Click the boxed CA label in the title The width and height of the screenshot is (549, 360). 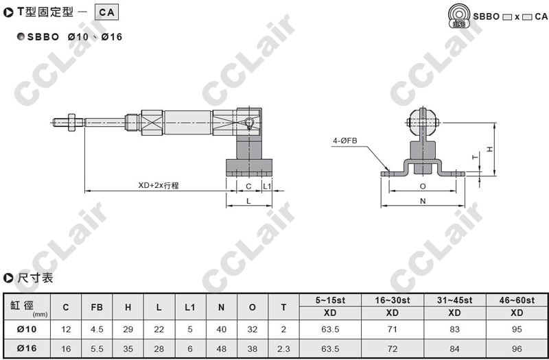coord(107,12)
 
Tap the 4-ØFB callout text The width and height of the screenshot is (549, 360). coord(345,141)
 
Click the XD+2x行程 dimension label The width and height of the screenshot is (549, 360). coord(159,185)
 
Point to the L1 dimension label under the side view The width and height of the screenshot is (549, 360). coord(267,186)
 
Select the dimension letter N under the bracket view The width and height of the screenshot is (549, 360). coord(423,201)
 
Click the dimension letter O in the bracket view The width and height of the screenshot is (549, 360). coord(423,187)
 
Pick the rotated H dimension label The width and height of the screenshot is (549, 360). coord(490,149)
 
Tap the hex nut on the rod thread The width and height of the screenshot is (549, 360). coord(71,123)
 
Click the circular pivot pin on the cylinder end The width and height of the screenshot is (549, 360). coord(249,123)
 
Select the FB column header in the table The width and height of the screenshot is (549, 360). coord(97,307)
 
